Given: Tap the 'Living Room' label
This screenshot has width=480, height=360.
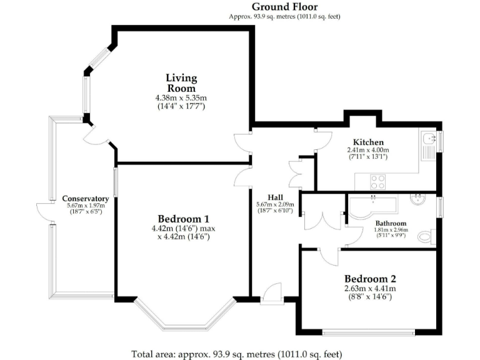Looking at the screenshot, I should point(181,83).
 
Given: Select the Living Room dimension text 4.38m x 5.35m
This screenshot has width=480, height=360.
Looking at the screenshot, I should point(181,98).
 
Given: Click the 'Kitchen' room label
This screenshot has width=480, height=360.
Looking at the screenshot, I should point(368,142).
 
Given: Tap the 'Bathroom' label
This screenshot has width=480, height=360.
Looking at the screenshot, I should point(391,223).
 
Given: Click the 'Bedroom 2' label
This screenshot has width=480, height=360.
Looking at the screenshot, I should point(371,279).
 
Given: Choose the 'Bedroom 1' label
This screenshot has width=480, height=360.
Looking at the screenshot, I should point(183,219).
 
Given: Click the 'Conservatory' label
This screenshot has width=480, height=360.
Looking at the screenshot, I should point(85,199).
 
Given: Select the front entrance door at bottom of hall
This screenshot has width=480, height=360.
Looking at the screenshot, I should point(273,293).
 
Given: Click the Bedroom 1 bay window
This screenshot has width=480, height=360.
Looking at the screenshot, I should point(186,316).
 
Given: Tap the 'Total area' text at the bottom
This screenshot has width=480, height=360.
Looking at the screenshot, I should point(237,354).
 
